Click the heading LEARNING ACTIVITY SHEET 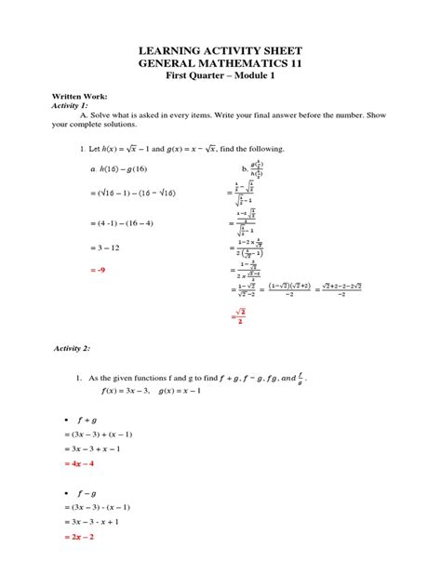pos(220,49)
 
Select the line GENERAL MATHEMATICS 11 pos(220,63)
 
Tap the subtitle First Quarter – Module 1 pos(220,76)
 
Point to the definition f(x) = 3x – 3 pos(117,391)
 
